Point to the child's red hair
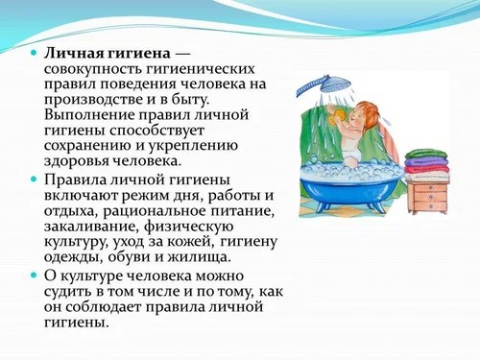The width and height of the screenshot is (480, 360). (369, 104)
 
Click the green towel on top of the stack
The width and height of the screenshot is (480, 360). (425, 153)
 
